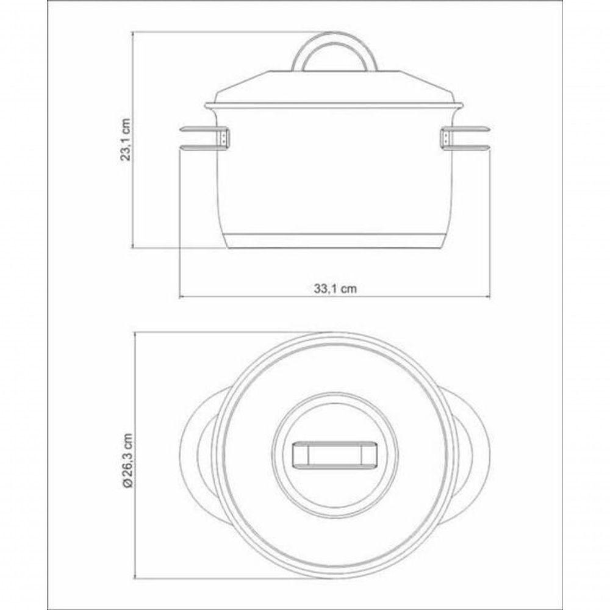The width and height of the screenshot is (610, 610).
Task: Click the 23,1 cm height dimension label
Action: (x=127, y=139)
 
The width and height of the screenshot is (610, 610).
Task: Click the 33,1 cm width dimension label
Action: (x=335, y=289)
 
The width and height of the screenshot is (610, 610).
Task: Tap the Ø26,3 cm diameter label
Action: (x=127, y=459)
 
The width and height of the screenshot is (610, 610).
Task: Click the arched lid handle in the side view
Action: (x=334, y=42)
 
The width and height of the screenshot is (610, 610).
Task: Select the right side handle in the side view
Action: (x=464, y=138)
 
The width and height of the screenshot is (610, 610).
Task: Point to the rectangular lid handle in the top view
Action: (x=334, y=453)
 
